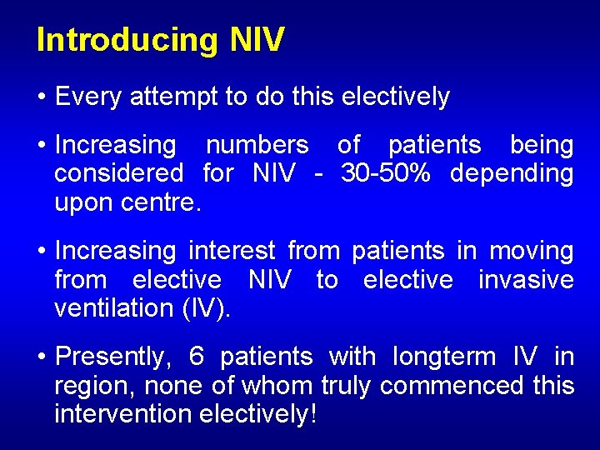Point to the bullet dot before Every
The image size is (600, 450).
(x=42, y=97)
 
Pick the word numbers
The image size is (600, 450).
(x=257, y=145)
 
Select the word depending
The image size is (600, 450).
(x=511, y=173)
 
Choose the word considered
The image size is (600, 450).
(x=118, y=173)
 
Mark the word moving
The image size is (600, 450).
(x=531, y=251)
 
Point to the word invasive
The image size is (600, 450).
(x=526, y=279)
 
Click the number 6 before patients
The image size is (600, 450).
(x=197, y=357)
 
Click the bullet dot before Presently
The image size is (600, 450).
(x=42, y=357)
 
